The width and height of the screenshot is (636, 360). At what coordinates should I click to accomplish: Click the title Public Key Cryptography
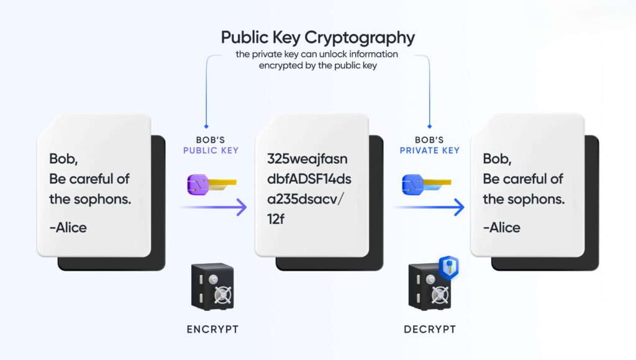[x=317, y=37]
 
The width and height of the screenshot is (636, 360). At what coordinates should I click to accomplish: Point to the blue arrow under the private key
[x=430, y=207]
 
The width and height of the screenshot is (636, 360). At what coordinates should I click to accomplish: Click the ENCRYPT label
[x=212, y=329]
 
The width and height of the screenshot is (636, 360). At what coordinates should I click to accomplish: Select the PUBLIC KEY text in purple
[x=211, y=150]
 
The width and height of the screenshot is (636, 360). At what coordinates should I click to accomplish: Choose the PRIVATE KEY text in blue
[x=430, y=150]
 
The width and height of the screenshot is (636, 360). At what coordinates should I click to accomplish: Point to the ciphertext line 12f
[x=277, y=220]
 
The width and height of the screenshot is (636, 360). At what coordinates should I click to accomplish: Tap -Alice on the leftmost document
[x=68, y=227]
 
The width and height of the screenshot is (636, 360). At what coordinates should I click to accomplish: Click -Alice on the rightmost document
[x=502, y=227]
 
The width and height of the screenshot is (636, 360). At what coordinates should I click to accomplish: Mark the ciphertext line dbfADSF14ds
[x=309, y=179]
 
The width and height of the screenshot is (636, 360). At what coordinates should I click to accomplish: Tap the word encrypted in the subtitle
[x=281, y=65]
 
